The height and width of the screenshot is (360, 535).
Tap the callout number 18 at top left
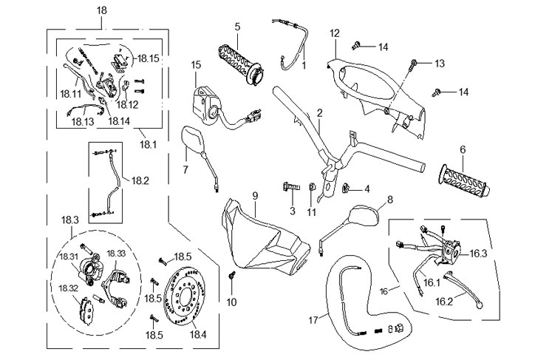click(102, 10)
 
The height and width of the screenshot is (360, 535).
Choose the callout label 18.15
click(149, 57)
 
